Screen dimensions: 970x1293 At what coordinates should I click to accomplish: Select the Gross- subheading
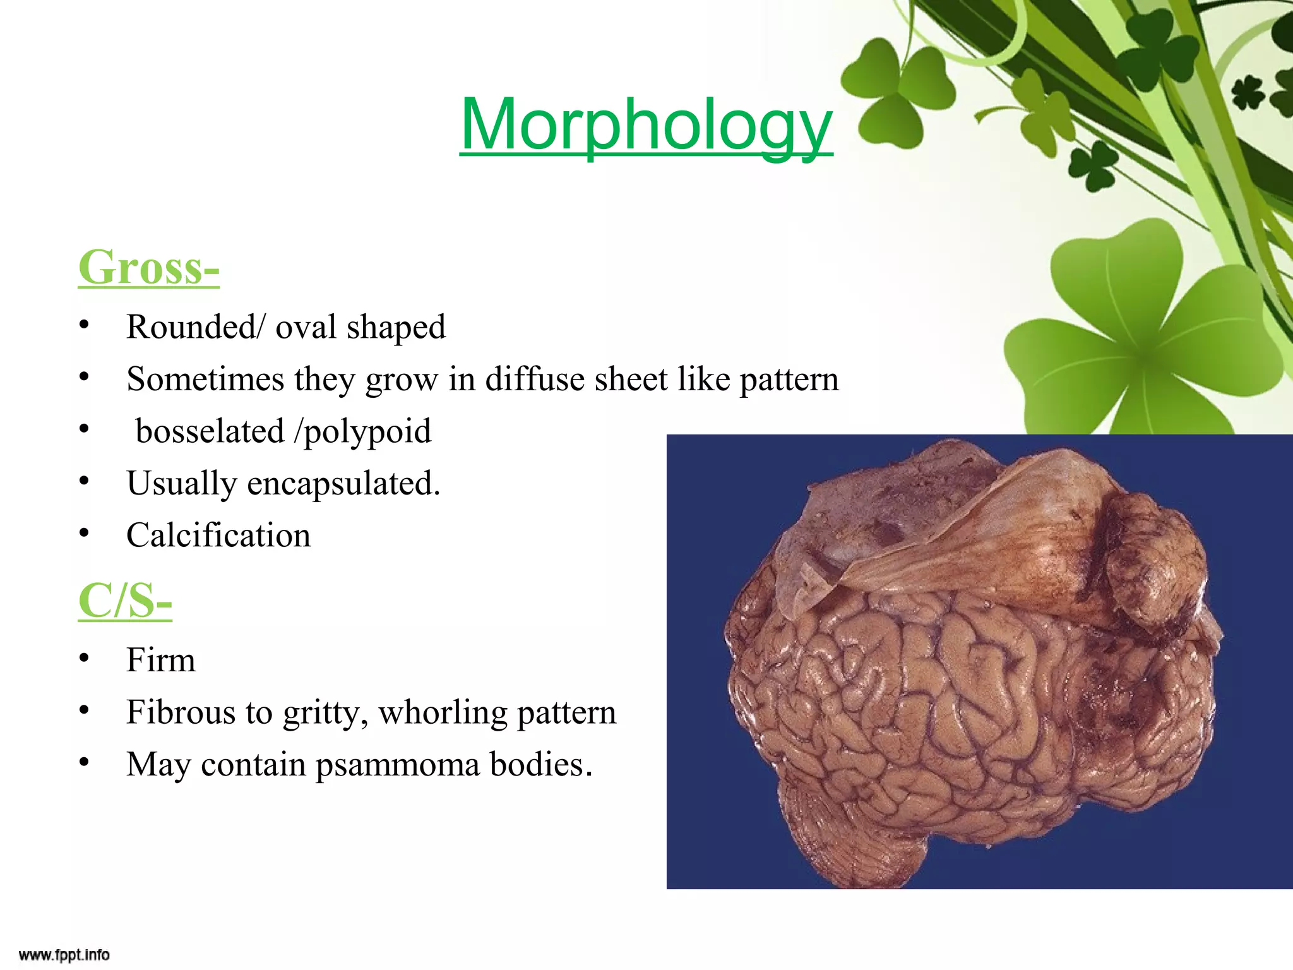(x=148, y=268)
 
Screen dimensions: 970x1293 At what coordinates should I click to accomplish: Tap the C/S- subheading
(x=125, y=601)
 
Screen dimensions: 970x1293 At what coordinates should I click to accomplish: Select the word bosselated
(x=210, y=432)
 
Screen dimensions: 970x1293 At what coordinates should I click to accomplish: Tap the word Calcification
(x=218, y=536)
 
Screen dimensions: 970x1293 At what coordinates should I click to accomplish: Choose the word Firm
(x=161, y=661)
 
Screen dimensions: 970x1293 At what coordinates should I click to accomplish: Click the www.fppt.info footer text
(x=64, y=954)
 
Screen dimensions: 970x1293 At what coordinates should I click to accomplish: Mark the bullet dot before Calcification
(x=84, y=534)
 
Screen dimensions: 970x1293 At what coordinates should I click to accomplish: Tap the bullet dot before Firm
(x=84, y=658)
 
